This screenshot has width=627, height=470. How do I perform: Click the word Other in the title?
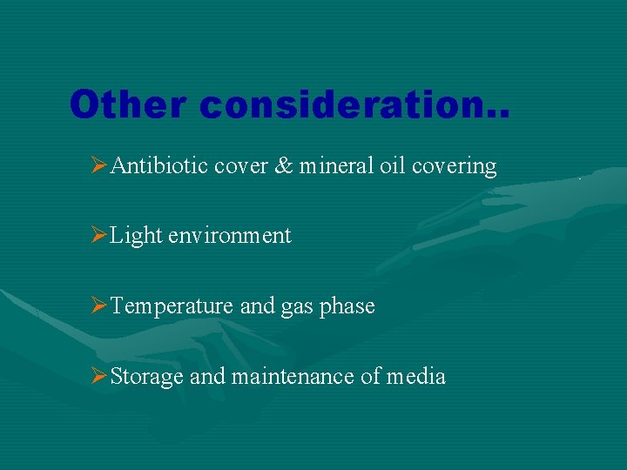pyautogui.click(x=129, y=105)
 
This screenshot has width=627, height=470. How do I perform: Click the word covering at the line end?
pyautogui.click(x=454, y=166)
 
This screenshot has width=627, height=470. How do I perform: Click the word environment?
pyautogui.click(x=230, y=236)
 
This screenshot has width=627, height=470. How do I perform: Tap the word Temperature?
pyautogui.click(x=173, y=306)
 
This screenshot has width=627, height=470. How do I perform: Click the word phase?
pyautogui.click(x=347, y=306)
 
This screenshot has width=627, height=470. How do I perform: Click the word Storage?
pyautogui.click(x=147, y=377)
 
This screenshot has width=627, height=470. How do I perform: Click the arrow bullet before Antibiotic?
pyautogui.click(x=99, y=165)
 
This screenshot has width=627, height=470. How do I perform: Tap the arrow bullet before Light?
pyautogui.click(x=99, y=236)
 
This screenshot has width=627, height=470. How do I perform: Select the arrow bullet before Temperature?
pyautogui.click(x=99, y=306)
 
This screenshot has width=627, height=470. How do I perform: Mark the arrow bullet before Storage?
pyautogui.click(x=99, y=376)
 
